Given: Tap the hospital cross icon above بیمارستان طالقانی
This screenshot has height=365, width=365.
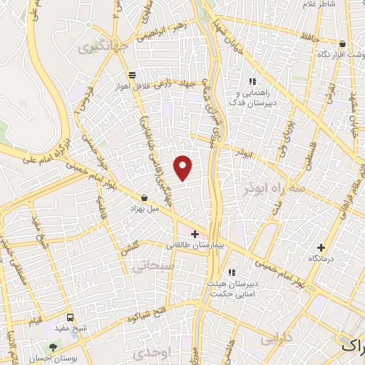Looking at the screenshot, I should [195, 234].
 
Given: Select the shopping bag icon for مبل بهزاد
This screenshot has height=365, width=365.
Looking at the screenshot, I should [145, 198].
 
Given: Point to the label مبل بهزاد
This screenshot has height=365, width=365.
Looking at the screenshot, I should [142, 210].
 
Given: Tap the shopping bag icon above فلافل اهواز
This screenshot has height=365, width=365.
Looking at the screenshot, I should [131, 74].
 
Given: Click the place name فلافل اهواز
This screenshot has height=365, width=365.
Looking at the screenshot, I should [130, 86].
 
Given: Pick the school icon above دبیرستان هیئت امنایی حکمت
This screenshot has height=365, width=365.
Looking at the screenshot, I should [231, 272].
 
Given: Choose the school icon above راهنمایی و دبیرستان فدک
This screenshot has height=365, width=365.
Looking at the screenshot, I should [251, 81].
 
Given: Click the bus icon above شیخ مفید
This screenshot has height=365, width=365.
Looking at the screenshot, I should [70, 317].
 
